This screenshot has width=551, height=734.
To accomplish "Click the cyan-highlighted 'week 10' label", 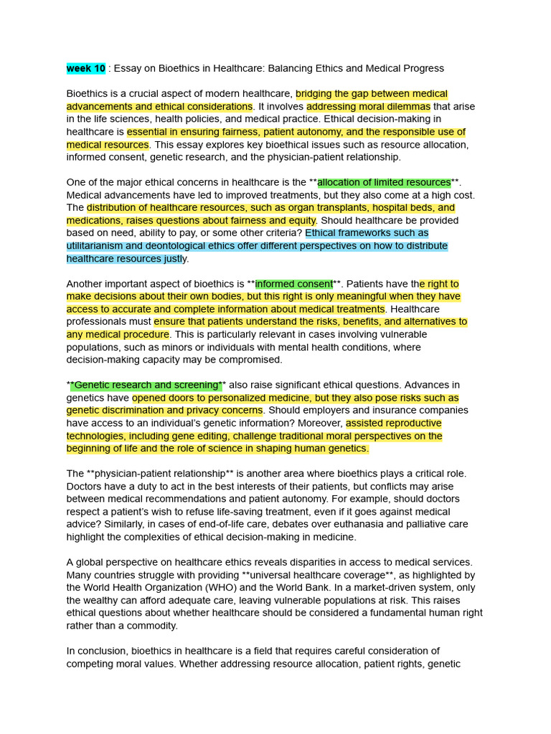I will coord(86,68).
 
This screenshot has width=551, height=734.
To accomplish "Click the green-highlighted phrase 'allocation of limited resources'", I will coord(384,182).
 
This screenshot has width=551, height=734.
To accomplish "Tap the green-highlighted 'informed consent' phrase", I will coord(294,284).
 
